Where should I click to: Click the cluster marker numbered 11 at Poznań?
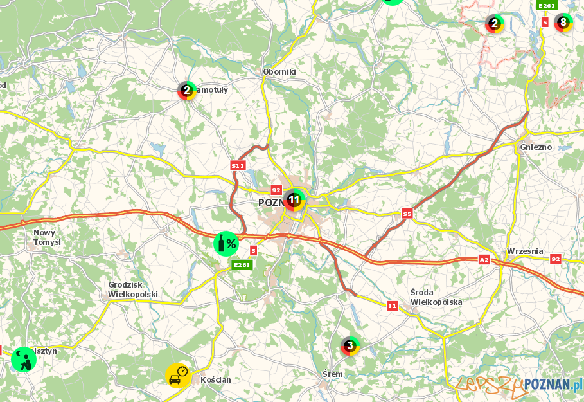click(295, 200)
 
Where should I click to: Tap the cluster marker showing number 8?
click(563, 23)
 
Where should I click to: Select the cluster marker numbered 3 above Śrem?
click(350, 347)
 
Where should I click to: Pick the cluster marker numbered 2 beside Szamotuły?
click(187, 91)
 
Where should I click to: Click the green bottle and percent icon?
click(226, 244)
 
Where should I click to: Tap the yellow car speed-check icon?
click(177, 375)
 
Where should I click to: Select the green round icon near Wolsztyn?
click(24, 359)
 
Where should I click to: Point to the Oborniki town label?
click(279, 72)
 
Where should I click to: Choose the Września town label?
click(525, 251)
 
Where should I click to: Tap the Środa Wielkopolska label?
click(436, 297)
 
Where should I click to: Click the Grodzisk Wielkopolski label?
click(133, 289)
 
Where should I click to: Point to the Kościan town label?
click(216, 379)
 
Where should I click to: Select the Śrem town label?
click(333, 374)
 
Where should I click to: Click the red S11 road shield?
click(238, 165)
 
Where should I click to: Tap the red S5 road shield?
click(407, 214)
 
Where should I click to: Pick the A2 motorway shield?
click(484, 259)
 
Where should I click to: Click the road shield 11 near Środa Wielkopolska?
click(392, 306)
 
